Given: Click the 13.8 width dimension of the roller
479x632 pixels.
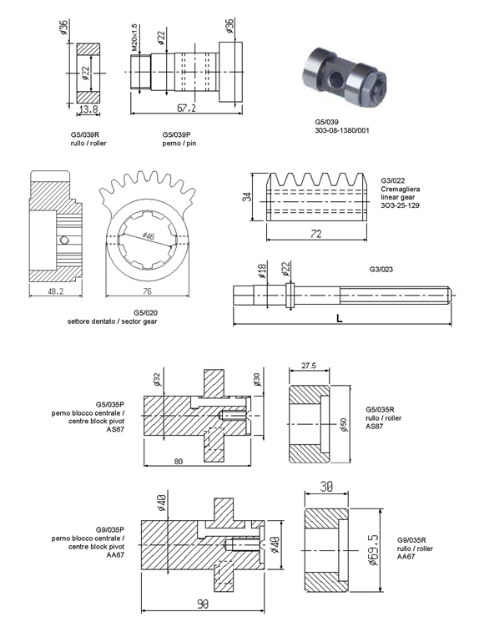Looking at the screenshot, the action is pos(88,109).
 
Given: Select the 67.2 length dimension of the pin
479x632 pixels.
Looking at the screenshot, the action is pos(187,108).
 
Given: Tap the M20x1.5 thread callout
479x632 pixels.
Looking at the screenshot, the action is pos(135,38).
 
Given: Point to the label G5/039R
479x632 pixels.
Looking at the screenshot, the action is pos(84,134).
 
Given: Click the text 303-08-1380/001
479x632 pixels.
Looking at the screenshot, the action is pos(342,130).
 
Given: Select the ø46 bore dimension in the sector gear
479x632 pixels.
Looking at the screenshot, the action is pos(149,236).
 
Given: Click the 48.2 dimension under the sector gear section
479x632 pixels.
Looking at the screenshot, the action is pos(56,291).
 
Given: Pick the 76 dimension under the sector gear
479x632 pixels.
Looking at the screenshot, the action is pos(147,291).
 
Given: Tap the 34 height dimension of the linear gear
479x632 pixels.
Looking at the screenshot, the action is pos(249,197).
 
